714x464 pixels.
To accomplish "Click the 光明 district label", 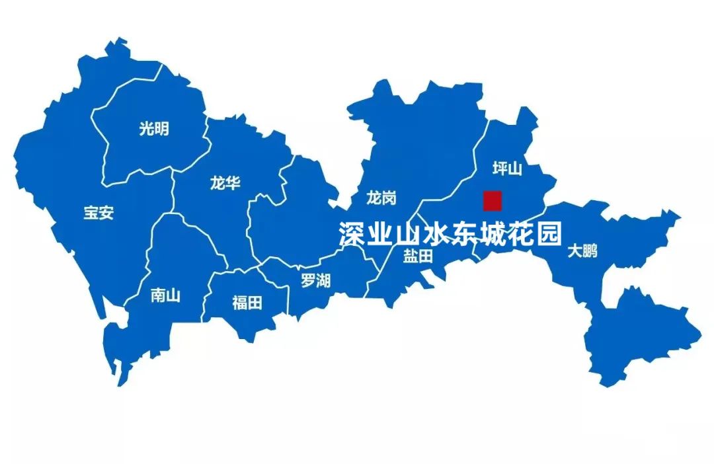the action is [x=153, y=129].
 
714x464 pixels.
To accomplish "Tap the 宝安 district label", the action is [x=99, y=213].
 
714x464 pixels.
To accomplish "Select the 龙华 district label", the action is [x=225, y=183].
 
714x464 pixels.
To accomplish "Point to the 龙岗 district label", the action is [x=381, y=197].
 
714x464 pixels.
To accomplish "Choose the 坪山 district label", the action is [x=507, y=169].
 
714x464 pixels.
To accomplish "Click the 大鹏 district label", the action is [x=582, y=251].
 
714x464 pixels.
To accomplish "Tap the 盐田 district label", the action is [x=418, y=256].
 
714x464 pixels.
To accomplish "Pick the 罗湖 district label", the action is [x=315, y=280].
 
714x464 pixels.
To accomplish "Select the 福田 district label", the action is [x=247, y=303].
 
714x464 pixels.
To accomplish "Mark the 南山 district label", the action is [x=165, y=295].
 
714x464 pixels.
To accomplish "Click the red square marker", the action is [x=493, y=200].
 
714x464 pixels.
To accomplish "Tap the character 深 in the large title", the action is [x=353, y=234].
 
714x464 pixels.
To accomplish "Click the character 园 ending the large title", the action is [x=549, y=234].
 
